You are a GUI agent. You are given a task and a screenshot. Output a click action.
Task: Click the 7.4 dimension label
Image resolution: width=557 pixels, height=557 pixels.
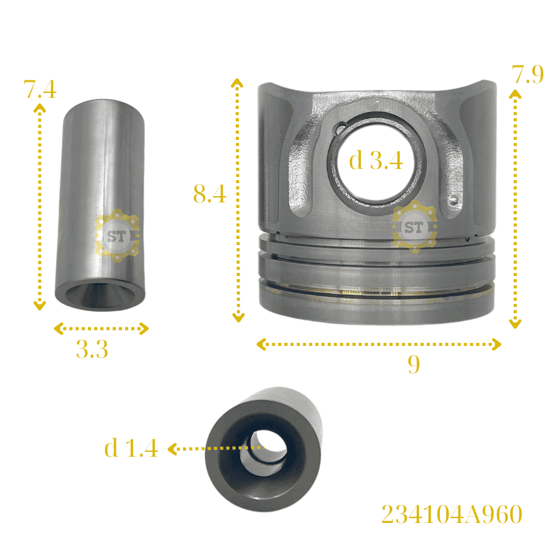tap(40, 89)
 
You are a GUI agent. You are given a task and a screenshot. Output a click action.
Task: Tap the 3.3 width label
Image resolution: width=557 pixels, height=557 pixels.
tap(92, 349)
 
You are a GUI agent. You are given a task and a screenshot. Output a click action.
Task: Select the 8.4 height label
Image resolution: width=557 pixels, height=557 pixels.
tap(210, 194)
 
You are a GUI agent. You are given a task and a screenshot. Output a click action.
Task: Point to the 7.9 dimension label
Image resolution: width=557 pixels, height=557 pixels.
tap(527, 75)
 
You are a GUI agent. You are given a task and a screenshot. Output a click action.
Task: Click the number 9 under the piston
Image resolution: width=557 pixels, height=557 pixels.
tap(414, 364)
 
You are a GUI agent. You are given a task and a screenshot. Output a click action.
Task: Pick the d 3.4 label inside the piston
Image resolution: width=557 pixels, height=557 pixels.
tap(376, 160)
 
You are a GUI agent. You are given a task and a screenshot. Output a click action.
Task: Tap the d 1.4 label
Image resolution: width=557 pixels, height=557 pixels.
tap(131, 447)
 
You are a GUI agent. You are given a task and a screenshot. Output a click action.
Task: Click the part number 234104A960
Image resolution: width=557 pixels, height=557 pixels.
tap(452, 514)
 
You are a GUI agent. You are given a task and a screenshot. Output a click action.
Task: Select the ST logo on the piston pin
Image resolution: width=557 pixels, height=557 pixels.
tap(117, 236)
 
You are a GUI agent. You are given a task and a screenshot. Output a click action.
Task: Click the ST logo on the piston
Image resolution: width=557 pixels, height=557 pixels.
tap(415, 227)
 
